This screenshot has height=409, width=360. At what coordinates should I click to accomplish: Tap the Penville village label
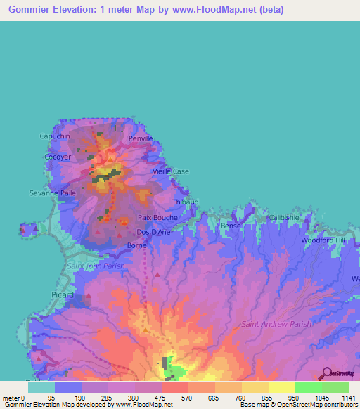click(140, 139)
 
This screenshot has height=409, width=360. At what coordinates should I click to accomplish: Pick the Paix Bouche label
click(157, 218)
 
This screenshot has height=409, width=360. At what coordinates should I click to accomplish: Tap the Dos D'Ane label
click(153, 232)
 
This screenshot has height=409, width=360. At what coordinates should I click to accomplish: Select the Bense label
click(231, 226)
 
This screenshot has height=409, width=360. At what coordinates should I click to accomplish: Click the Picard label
click(63, 295)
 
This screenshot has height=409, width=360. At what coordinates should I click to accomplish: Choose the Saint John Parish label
click(95, 266)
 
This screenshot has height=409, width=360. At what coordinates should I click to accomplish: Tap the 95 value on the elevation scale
click(51, 398)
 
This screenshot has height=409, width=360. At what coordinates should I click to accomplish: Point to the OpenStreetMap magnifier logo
click(325, 372)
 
